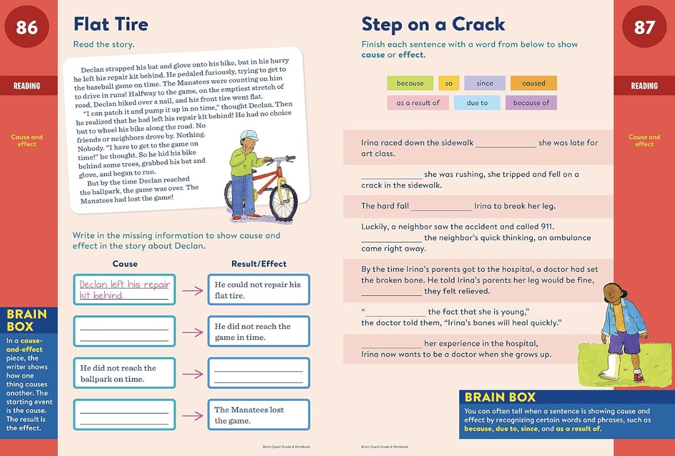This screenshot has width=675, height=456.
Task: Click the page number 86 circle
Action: click(27, 27)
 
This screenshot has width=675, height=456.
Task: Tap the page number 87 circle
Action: click(644, 27)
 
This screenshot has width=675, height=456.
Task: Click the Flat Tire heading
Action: click(111, 24)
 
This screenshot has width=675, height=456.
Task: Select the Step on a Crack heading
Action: click(433, 24)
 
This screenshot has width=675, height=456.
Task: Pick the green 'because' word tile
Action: click(410, 83)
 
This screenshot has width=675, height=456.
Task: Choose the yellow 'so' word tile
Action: click(449, 83)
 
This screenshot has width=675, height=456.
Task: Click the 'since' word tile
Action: click(484, 83)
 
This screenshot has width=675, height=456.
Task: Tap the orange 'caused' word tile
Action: click(533, 83)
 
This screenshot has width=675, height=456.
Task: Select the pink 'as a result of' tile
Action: click(418, 103)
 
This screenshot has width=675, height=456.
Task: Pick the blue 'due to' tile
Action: click(477, 103)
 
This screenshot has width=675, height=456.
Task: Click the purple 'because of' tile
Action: click(531, 103)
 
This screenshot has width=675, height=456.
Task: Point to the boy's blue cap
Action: click(250, 136)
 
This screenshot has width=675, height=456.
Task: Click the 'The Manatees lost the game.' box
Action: click(259, 415)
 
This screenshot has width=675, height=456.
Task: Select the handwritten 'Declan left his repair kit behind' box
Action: click(124, 290)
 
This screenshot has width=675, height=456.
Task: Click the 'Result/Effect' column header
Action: click(259, 264)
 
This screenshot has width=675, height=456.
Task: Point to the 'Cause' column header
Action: click(125, 264)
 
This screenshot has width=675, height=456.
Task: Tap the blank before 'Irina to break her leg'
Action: click(441, 207)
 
